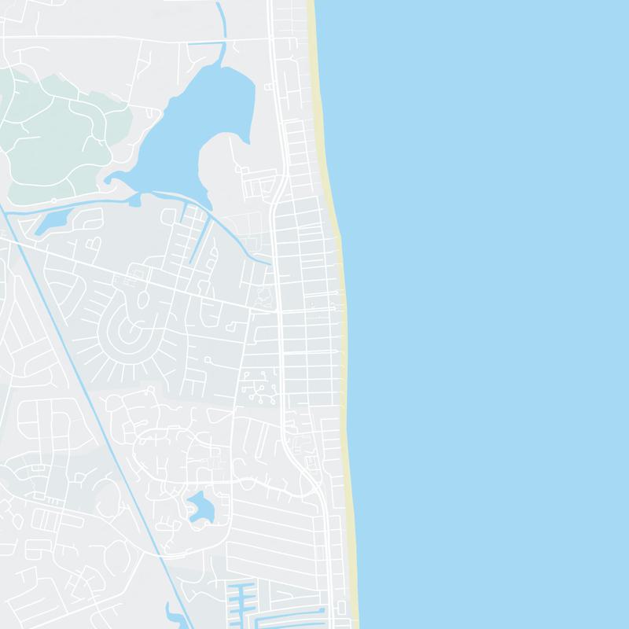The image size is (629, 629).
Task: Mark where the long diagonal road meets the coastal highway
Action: pyautogui.click(x=280, y=311)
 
